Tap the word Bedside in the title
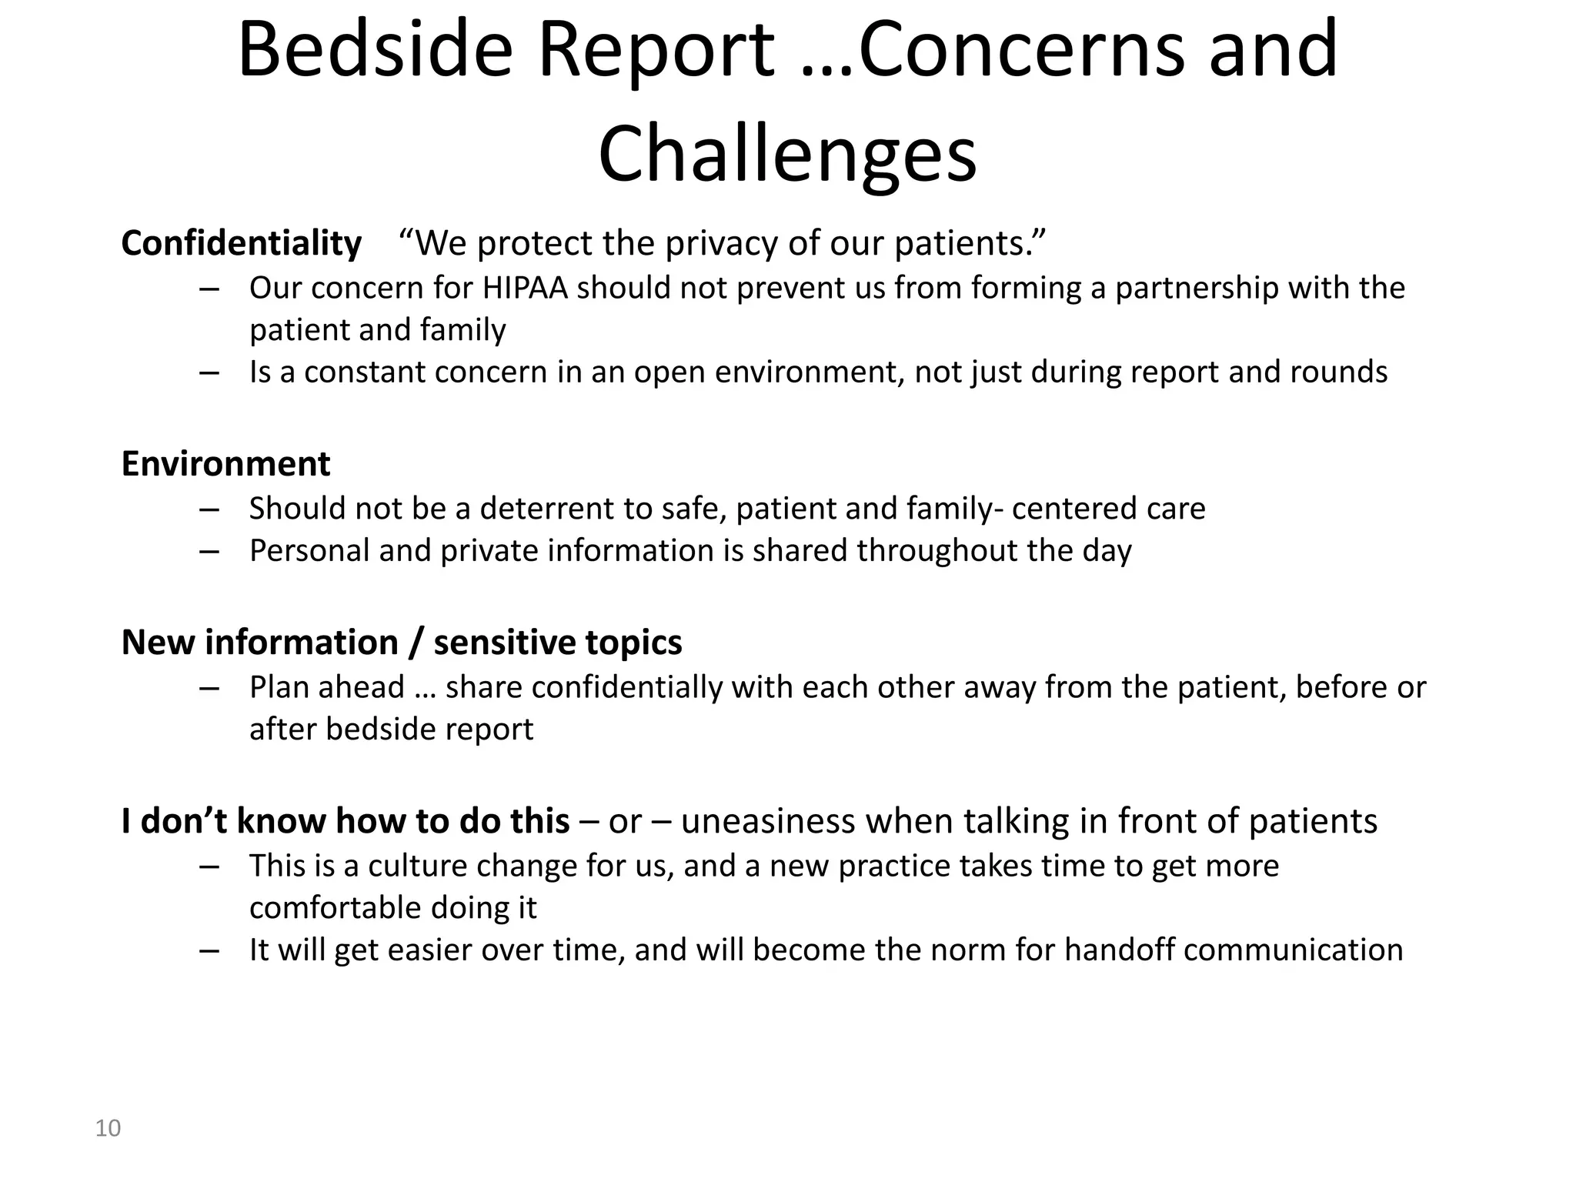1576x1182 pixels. [x=376, y=51]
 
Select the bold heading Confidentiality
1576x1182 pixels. [x=241, y=243]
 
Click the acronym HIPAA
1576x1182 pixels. [x=525, y=288]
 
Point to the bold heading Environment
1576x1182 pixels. [x=225, y=464]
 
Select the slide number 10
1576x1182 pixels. [x=108, y=1128]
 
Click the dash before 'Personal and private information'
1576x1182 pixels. [x=209, y=552]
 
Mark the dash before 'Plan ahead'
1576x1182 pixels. [x=209, y=688]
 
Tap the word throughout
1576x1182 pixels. [x=937, y=551]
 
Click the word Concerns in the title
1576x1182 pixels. [x=1021, y=51]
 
